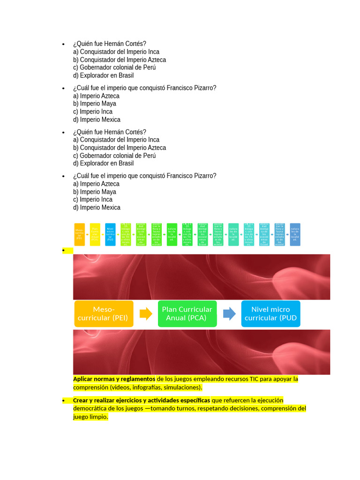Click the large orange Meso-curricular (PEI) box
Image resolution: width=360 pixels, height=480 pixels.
point(104,314)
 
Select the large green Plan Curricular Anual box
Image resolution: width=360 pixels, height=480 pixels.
point(187,314)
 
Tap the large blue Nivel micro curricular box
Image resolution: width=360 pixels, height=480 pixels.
point(270,314)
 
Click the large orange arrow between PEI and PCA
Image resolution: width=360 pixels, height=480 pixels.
point(146,314)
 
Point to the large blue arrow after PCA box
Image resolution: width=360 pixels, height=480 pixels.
point(229,314)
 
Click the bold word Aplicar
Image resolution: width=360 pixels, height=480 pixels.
point(84,379)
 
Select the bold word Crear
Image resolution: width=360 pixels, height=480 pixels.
point(81,400)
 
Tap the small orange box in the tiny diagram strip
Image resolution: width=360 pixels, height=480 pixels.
point(79,234)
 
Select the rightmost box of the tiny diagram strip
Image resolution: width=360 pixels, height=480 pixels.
point(295,234)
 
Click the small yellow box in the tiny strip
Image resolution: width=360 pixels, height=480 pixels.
point(95,234)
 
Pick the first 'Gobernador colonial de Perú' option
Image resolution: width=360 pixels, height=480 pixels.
point(114,67)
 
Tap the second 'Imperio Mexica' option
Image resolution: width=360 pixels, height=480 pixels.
point(97,208)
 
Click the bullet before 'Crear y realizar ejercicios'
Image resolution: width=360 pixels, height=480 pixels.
point(63,401)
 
